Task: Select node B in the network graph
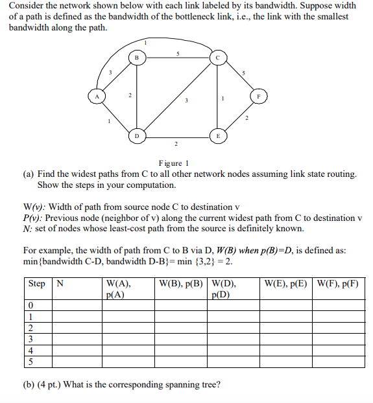137,58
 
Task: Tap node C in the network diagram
218,58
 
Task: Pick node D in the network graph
137,135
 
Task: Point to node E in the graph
218,135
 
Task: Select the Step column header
37,283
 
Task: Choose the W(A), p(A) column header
118,288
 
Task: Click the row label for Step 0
30,305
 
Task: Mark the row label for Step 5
30,361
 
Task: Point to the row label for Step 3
30,339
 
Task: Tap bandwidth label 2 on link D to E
176,143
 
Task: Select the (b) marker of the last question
29,384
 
